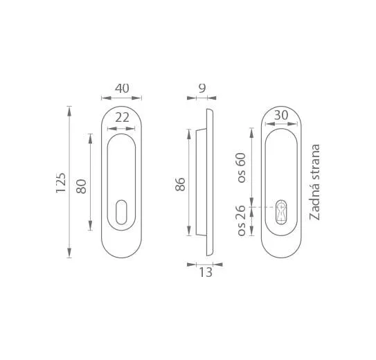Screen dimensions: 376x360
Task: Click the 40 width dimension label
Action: [x=122, y=88]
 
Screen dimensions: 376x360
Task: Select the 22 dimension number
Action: [x=123, y=118]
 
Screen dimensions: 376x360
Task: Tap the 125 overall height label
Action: [x=61, y=183]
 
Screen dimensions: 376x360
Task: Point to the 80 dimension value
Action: [x=81, y=186]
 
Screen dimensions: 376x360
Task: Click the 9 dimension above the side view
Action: [x=202, y=88]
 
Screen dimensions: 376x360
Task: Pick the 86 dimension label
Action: [x=180, y=184]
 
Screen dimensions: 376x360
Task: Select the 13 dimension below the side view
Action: [x=206, y=273]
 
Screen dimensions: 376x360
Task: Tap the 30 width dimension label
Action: [x=281, y=116]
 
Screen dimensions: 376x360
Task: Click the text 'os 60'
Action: [x=242, y=168]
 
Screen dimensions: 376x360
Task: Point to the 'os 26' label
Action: [x=242, y=221]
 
